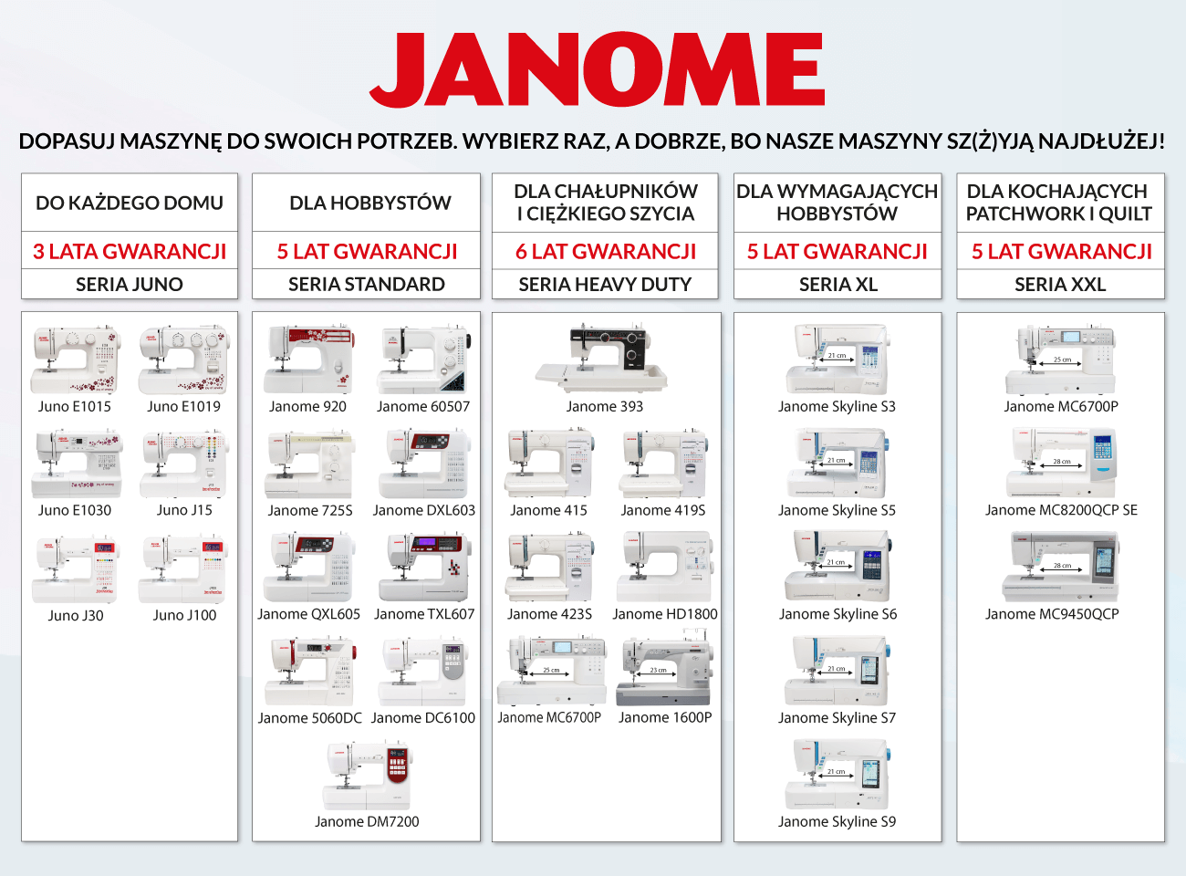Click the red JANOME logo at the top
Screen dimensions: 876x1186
(598, 70)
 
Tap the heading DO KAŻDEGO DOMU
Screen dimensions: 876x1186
(130, 203)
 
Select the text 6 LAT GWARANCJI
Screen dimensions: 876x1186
(606, 251)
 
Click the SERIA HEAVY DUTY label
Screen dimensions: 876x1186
(606, 285)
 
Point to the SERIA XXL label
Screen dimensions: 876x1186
(1060, 285)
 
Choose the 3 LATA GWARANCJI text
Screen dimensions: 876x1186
(130, 251)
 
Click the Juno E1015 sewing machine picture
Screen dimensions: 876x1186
(75, 360)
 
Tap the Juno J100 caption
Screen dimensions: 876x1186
(184, 615)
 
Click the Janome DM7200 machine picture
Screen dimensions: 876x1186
(367, 776)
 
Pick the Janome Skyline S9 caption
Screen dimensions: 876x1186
(837, 821)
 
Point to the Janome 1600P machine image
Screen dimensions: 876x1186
(665, 672)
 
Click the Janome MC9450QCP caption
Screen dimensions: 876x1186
(1052, 614)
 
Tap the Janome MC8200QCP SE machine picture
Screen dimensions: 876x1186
(1061, 464)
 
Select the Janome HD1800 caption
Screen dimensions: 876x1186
(665, 614)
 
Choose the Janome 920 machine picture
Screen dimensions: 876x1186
(308, 360)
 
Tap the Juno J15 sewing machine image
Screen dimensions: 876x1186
(184, 464)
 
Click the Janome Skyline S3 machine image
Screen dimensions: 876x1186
(837, 360)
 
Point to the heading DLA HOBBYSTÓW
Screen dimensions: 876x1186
(370, 203)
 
